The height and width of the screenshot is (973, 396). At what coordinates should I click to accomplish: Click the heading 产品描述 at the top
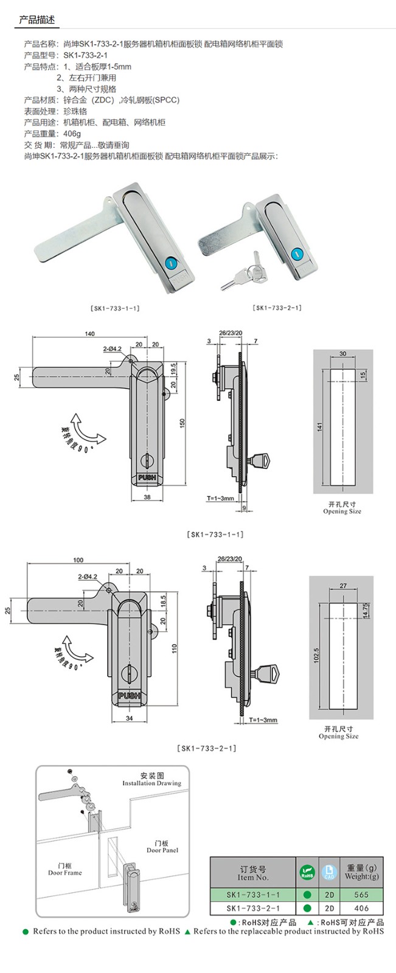click(36, 20)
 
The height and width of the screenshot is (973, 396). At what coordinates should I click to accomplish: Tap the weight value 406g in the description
click(72, 134)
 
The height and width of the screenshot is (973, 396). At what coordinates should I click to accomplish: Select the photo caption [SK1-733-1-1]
click(115, 308)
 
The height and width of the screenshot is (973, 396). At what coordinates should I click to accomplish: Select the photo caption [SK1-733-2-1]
click(277, 308)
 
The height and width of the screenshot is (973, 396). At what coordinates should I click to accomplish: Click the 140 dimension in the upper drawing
click(89, 334)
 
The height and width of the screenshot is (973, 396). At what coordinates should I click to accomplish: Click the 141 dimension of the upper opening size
click(319, 428)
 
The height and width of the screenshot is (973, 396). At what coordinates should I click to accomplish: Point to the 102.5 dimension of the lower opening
click(316, 655)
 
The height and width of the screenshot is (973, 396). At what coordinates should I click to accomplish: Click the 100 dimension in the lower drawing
click(78, 560)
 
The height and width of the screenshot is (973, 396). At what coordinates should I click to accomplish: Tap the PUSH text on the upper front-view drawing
click(147, 478)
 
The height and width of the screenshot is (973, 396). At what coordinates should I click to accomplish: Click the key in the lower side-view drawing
click(268, 674)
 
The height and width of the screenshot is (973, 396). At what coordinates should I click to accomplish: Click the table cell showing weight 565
click(361, 895)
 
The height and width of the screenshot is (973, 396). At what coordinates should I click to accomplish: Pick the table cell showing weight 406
click(361, 909)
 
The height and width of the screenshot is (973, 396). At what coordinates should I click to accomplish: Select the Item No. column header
click(253, 873)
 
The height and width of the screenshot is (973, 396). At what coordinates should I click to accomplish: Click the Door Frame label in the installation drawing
click(65, 869)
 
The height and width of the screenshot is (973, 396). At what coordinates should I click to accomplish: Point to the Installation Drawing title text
click(152, 780)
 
